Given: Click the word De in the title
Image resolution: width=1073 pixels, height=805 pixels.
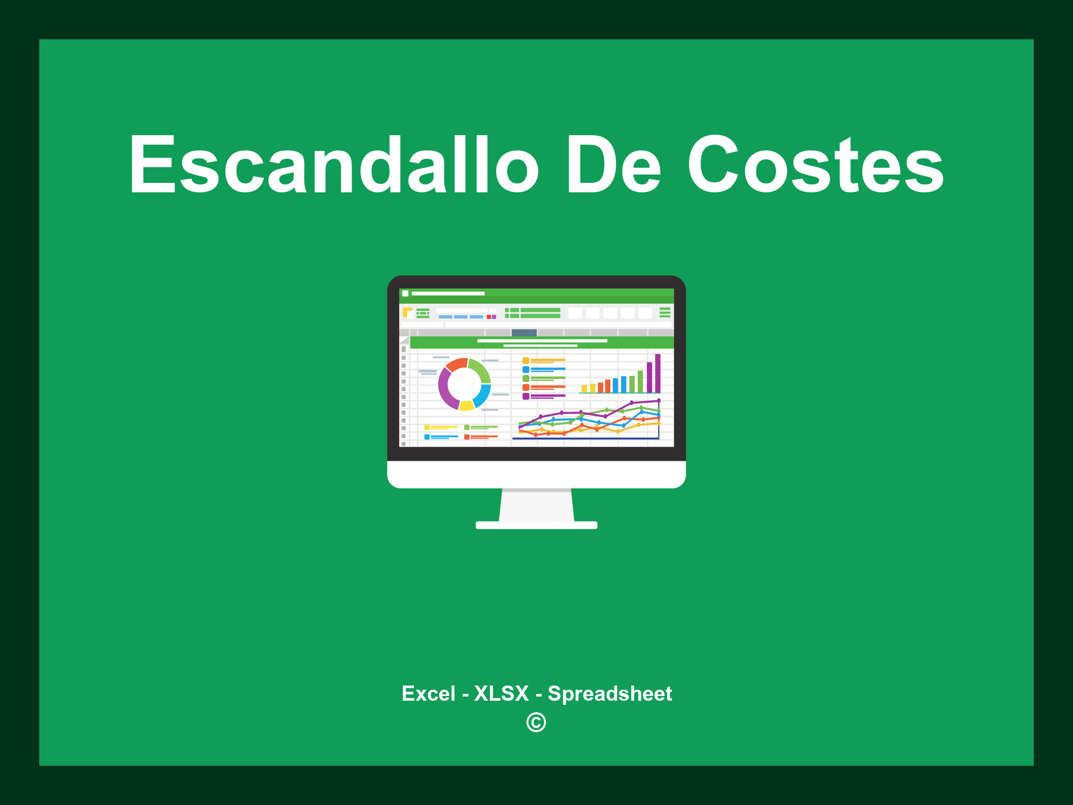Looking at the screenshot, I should click(613, 165).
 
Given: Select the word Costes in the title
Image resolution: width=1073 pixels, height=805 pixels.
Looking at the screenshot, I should click(815, 165).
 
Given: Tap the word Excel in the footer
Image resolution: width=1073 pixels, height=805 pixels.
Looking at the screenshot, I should click(428, 693).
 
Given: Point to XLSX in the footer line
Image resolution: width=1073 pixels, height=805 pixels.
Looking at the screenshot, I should click(501, 693).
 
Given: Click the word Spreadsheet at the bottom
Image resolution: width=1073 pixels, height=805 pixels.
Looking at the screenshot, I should click(609, 693).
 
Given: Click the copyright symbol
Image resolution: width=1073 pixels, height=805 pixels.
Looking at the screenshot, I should click(536, 722).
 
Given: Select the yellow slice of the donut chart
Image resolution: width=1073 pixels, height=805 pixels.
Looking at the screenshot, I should click(466, 405).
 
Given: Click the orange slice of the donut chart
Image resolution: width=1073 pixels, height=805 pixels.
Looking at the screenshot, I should click(456, 364).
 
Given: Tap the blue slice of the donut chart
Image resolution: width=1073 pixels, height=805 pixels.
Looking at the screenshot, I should click(483, 395).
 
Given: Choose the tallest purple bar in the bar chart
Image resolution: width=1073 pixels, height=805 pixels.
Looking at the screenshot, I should click(658, 373).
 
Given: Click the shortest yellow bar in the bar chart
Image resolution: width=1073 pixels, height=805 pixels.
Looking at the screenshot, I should click(584, 389).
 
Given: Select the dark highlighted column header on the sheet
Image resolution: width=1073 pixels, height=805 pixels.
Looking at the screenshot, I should click(524, 332).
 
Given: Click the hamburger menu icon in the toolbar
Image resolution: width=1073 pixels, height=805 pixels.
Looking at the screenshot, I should click(665, 312).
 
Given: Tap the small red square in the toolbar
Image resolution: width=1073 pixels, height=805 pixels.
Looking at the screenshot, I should click(489, 317).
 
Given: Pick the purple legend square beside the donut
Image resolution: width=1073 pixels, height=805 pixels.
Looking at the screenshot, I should click(525, 396).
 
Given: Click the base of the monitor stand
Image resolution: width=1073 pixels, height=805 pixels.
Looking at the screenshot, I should click(536, 525).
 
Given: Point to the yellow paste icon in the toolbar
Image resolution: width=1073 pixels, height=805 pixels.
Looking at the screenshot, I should click(407, 312).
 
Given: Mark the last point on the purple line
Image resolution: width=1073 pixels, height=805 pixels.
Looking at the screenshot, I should click(659, 400).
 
